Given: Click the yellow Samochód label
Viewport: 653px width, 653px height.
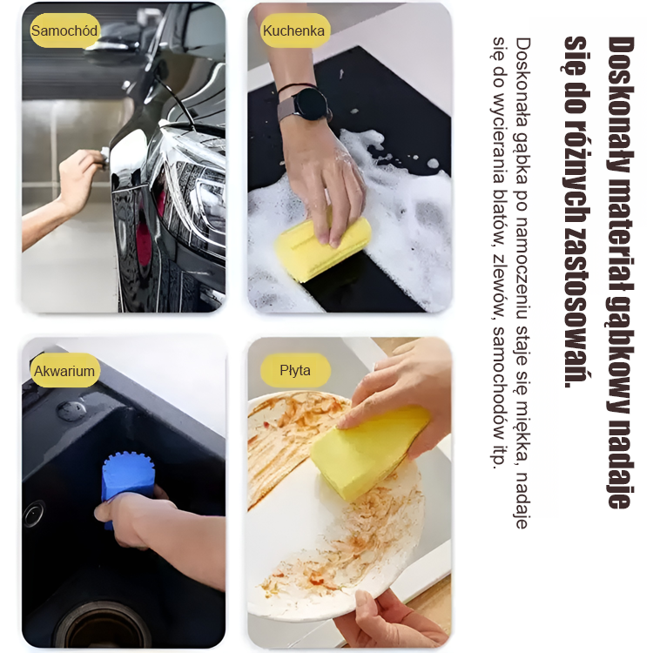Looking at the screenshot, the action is click(x=64, y=30).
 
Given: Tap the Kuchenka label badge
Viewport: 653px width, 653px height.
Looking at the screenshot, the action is click(x=294, y=30).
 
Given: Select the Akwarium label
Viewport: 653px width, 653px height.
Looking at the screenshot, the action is click(x=64, y=370).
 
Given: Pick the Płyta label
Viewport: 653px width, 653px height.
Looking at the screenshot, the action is click(x=295, y=370).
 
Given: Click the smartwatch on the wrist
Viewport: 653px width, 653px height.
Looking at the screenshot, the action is click(x=310, y=104).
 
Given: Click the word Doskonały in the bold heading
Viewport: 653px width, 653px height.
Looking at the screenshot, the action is click(x=621, y=105).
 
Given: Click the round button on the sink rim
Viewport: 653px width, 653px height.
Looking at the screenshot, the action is click(x=71, y=410).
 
